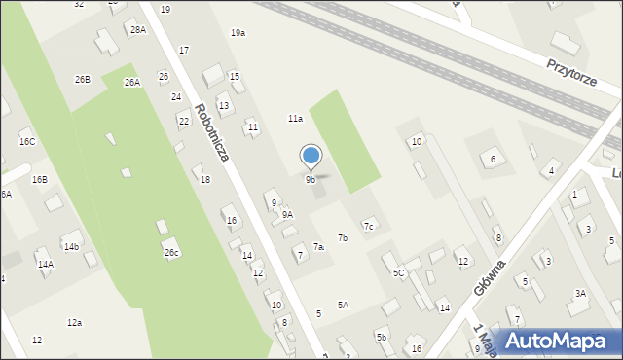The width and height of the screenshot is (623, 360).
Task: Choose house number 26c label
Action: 171,253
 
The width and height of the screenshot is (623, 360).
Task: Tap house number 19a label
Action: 238,33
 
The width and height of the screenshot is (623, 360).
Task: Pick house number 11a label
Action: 294,118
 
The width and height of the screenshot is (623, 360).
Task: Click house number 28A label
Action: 137,30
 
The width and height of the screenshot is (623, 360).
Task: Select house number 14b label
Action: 71,247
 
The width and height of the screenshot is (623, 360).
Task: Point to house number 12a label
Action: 74,322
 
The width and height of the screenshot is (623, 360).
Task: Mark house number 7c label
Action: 368,227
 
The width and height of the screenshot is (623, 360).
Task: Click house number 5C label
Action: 398,273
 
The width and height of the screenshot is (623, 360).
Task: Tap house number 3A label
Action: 580,293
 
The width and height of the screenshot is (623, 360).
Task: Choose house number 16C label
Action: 27,142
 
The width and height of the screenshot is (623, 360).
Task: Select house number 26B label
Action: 82,79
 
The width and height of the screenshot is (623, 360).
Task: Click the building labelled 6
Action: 493,159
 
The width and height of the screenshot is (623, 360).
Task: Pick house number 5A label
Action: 343,305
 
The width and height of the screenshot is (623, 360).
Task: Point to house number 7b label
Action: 343,237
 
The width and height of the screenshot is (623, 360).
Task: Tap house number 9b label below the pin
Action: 310,180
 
